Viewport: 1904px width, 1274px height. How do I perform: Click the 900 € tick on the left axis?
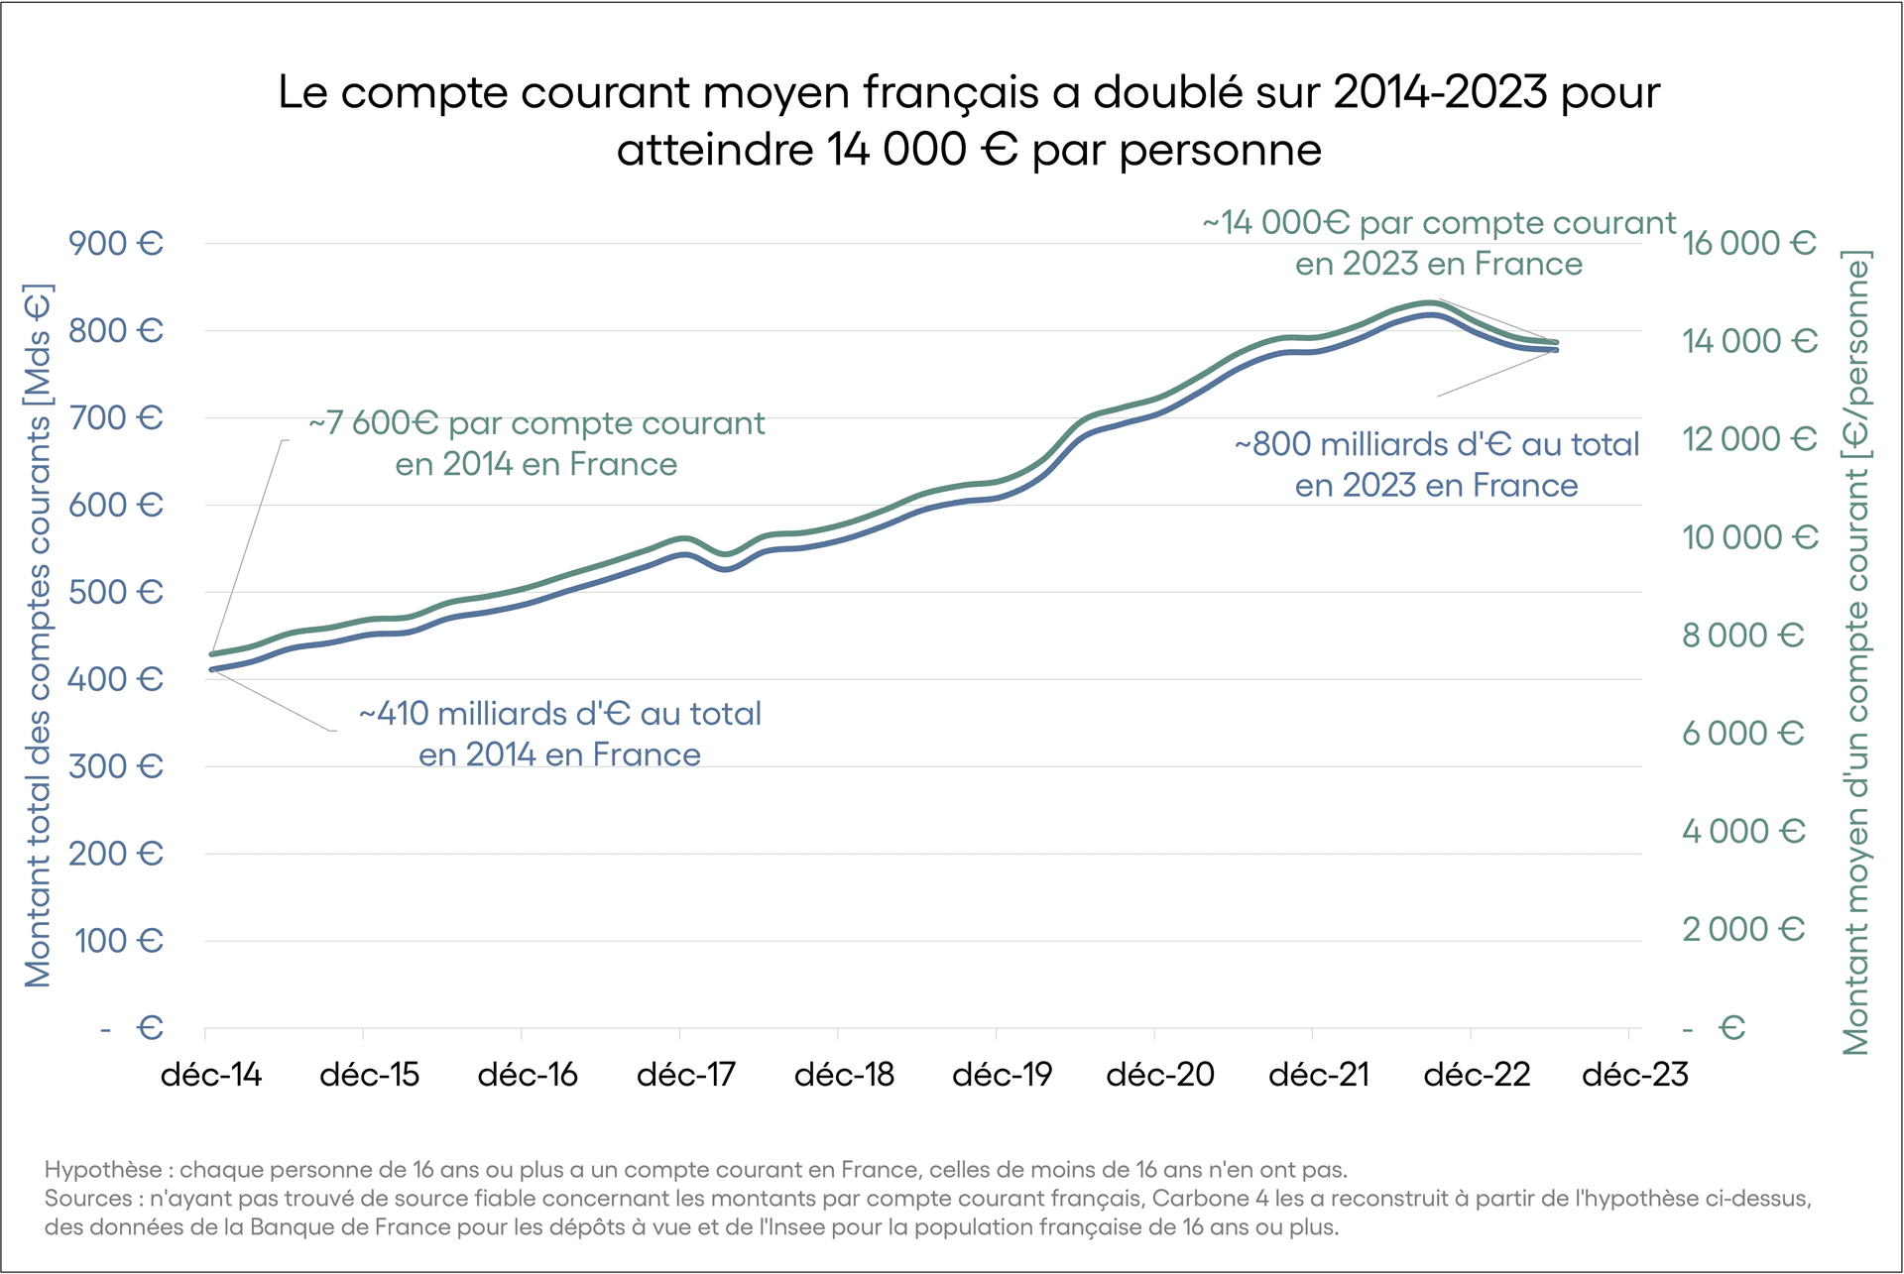pyautogui.click(x=116, y=243)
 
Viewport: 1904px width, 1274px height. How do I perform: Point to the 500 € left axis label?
pyautogui.click(x=116, y=592)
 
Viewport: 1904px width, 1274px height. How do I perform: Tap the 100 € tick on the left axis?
pyautogui.click(x=118, y=940)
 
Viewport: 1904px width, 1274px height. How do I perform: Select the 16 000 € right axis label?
pyautogui.click(x=1749, y=243)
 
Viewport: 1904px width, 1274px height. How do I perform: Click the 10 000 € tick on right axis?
pyautogui.click(x=1749, y=536)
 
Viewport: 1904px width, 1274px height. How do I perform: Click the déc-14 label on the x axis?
pyautogui.click(x=211, y=1075)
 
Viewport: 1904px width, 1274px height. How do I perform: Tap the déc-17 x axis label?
pyautogui.click(x=686, y=1075)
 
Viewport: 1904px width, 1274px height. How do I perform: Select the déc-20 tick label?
pyautogui.click(x=1160, y=1075)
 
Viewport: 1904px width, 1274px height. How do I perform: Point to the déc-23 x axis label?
pyautogui.click(x=1635, y=1075)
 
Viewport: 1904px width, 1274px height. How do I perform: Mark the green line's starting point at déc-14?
pyautogui.click(x=212, y=654)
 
